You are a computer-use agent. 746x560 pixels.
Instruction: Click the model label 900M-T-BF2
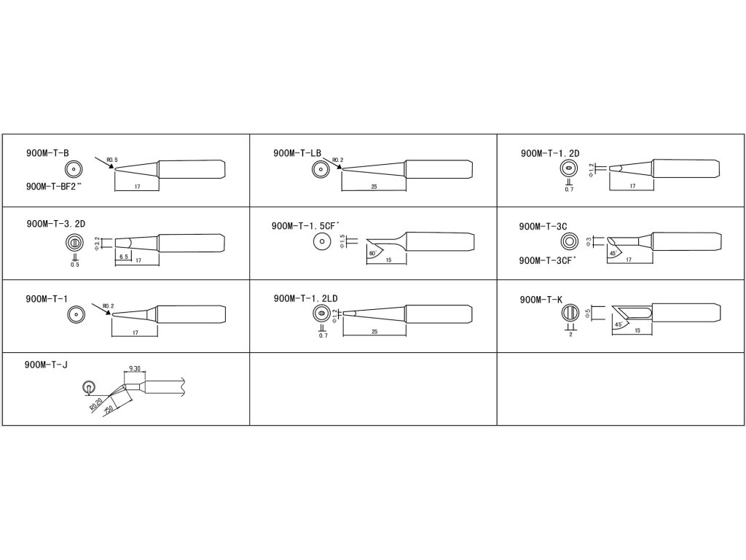[x=53, y=186]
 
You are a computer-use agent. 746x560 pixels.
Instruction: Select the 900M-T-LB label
[x=297, y=153]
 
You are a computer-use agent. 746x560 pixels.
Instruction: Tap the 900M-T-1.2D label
[x=549, y=153]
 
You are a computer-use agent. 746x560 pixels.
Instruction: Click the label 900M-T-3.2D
[x=55, y=224]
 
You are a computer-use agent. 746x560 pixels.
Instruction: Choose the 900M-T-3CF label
[x=547, y=260]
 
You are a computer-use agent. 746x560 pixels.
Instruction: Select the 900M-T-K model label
[x=541, y=300]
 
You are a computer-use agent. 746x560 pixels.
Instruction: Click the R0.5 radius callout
[x=111, y=159]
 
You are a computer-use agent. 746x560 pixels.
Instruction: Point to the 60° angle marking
[x=373, y=253]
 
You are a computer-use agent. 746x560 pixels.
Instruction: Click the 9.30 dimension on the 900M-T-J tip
[x=134, y=370]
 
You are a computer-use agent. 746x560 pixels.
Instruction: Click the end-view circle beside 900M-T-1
[x=74, y=315]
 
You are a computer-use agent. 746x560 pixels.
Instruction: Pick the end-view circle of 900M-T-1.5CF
[x=320, y=242]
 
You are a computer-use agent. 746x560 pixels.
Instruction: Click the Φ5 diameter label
[x=587, y=314]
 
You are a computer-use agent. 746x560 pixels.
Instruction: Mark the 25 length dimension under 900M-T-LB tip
[x=374, y=187]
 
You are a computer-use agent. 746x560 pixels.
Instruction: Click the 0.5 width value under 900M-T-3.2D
[x=74, y=264]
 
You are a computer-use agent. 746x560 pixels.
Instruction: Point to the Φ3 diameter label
[x=588, y=241]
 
